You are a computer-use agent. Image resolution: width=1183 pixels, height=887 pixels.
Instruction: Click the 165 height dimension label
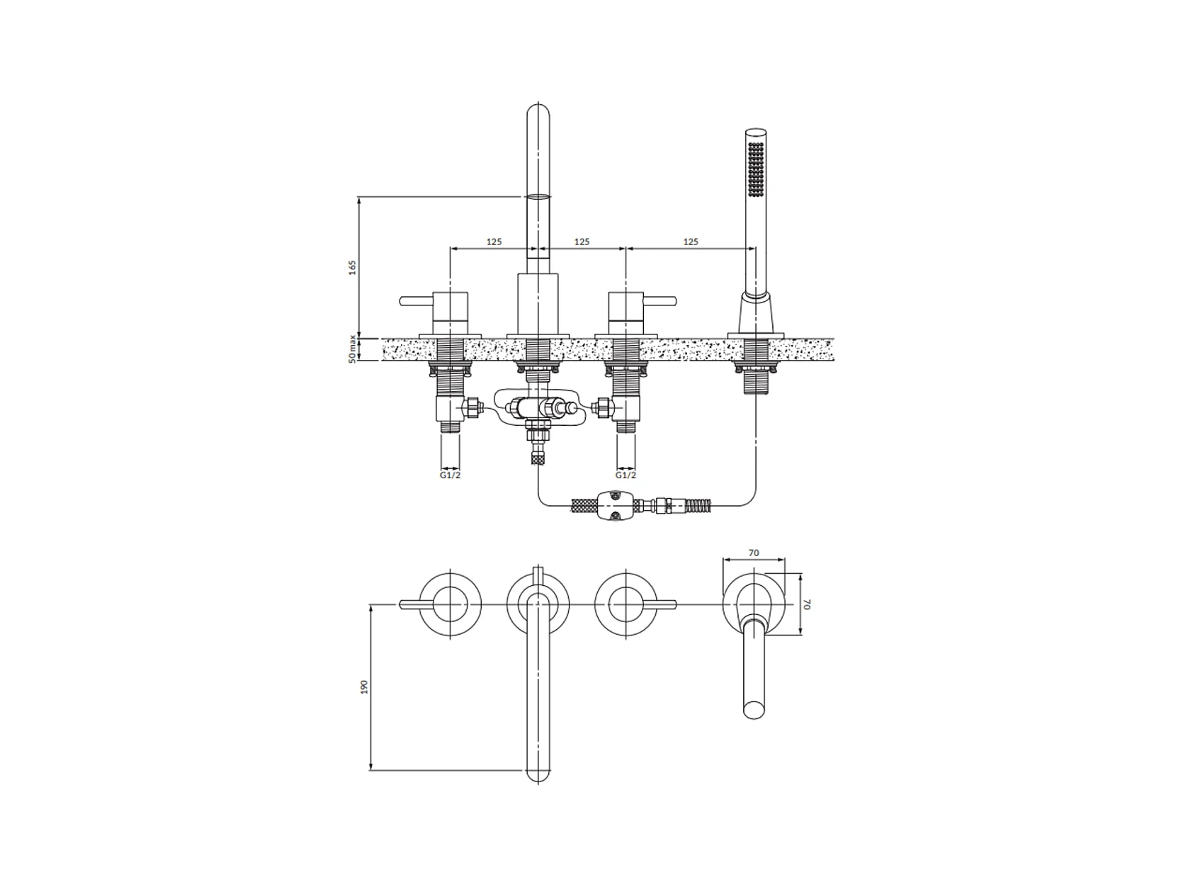353,267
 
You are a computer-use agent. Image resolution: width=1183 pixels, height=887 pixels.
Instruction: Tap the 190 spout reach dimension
364,687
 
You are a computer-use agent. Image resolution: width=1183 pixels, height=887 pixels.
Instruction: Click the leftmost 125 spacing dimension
494,242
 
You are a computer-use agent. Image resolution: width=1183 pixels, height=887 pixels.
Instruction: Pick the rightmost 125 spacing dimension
691,242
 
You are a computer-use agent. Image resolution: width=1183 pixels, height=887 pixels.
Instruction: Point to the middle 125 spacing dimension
582,242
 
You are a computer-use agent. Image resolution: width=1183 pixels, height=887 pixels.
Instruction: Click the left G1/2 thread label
450,475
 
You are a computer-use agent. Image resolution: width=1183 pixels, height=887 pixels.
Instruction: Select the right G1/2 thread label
626,475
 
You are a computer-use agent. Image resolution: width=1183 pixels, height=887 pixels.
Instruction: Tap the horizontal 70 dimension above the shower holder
754,553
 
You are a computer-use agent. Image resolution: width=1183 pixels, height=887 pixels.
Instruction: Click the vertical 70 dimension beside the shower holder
807,604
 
